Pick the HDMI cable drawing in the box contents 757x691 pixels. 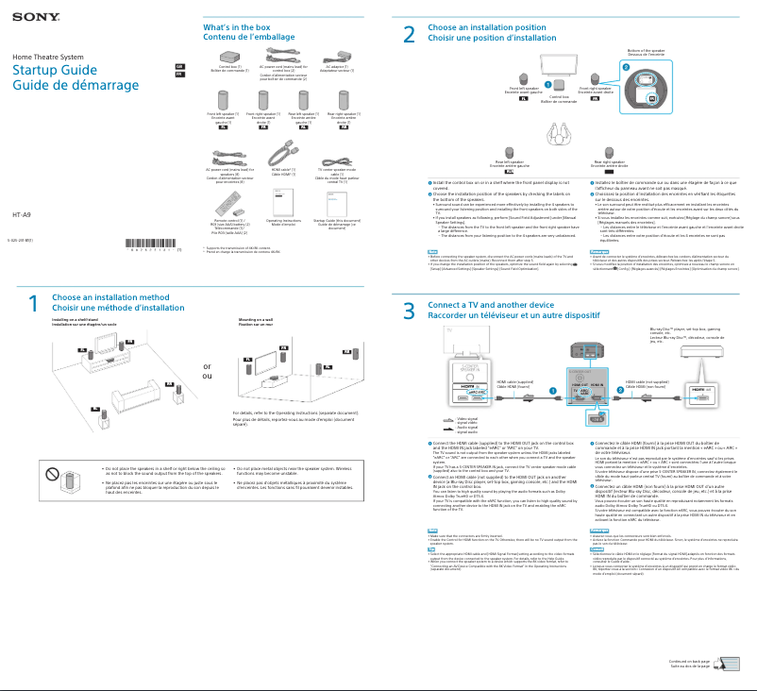click(284, 153)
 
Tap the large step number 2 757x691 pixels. click(409, 35)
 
